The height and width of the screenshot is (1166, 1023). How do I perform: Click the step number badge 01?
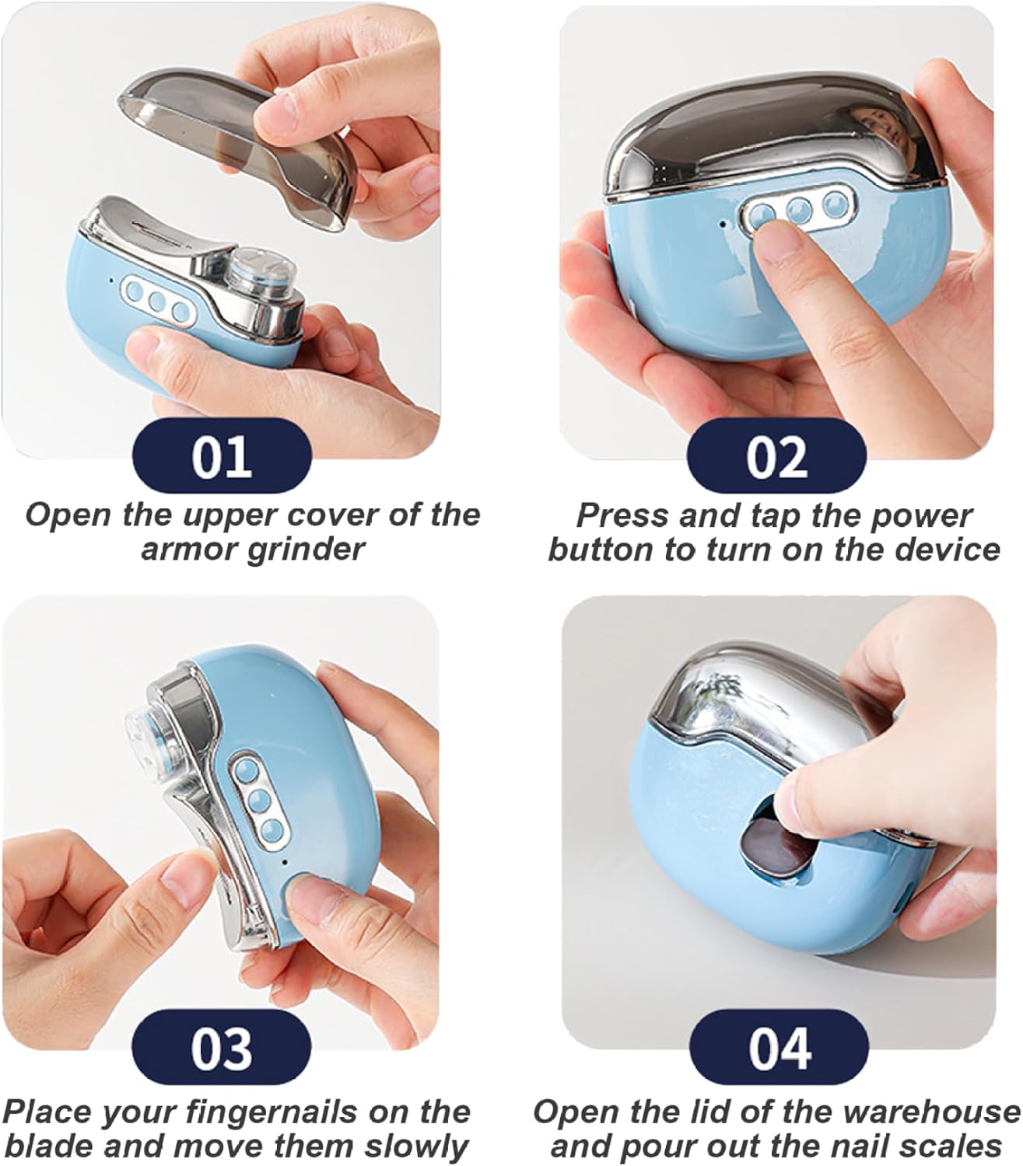pyautogui.click(x=222, y=456)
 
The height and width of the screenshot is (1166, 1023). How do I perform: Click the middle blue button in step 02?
pyautogui.click(x=800, y=210)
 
